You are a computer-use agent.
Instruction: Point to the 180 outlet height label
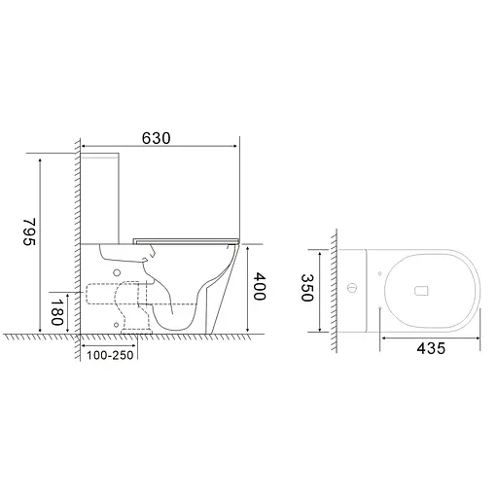pos(58,314)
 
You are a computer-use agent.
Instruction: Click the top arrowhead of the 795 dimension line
pos(42,155)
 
